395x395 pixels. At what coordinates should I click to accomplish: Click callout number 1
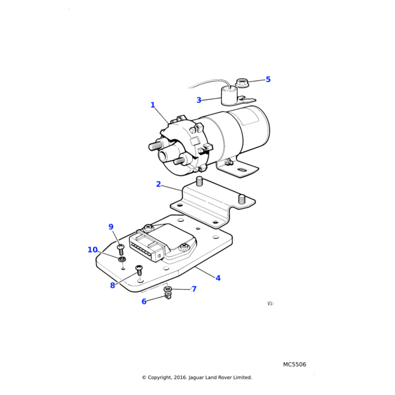153,105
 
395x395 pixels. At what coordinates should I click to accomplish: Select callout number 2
159,184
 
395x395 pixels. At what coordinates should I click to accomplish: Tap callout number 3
199,101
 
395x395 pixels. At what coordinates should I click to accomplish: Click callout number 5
268,80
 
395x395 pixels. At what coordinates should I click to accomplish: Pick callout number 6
144,302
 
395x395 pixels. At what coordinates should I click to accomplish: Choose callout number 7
194,289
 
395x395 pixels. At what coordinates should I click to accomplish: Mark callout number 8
113,286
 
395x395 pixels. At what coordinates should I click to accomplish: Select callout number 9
111,227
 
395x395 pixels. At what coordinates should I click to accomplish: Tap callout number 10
92,250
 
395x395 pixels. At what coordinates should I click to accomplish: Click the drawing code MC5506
294,365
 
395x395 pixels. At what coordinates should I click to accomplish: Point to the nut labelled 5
242,83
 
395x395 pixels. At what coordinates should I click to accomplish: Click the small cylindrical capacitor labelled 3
230,96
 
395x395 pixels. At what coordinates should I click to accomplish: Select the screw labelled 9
121,250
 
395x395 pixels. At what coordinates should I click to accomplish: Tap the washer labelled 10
122,260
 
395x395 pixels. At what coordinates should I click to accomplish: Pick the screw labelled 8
139,270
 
